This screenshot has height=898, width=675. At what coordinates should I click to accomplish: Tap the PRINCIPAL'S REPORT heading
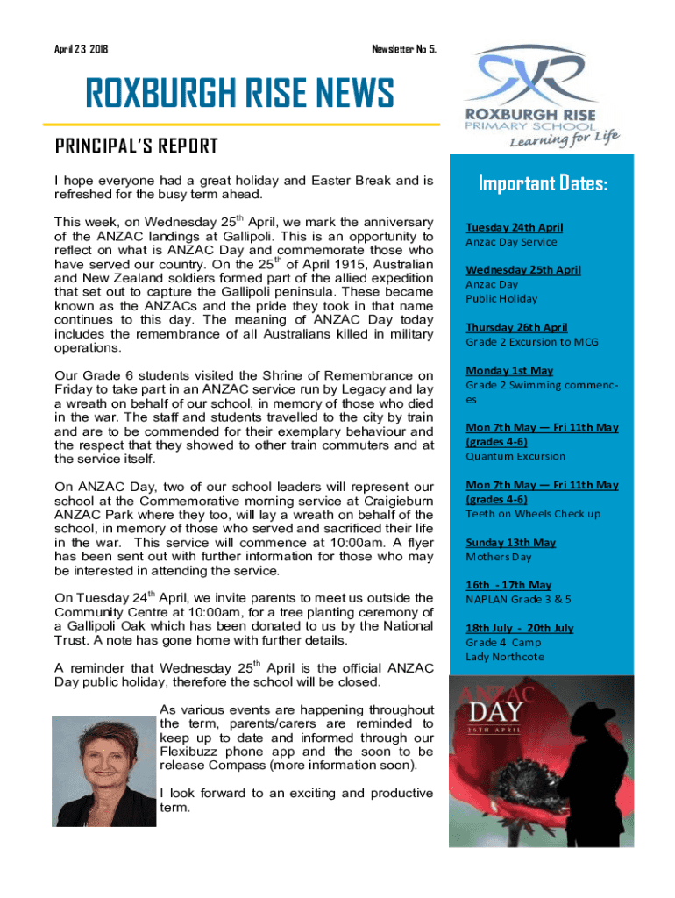[136, 146]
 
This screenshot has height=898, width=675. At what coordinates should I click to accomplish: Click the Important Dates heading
[544, 184]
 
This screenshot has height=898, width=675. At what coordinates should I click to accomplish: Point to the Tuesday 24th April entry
[515, 227]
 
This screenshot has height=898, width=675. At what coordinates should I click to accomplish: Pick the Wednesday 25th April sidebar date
[523, 270]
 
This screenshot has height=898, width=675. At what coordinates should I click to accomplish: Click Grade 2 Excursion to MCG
[532, 342]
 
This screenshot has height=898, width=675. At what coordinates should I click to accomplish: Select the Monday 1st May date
[509, 370]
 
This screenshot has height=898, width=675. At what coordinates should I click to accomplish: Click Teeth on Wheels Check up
[533, 514]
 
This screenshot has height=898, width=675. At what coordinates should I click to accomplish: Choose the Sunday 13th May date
[511, 542]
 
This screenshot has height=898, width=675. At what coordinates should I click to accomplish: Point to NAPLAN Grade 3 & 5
[518, 599]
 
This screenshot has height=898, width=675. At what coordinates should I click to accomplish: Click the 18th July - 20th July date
[520, 628]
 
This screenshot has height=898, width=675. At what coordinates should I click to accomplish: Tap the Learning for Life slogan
[565, 138]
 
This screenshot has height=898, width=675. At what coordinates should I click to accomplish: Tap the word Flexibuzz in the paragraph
[191, 752]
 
